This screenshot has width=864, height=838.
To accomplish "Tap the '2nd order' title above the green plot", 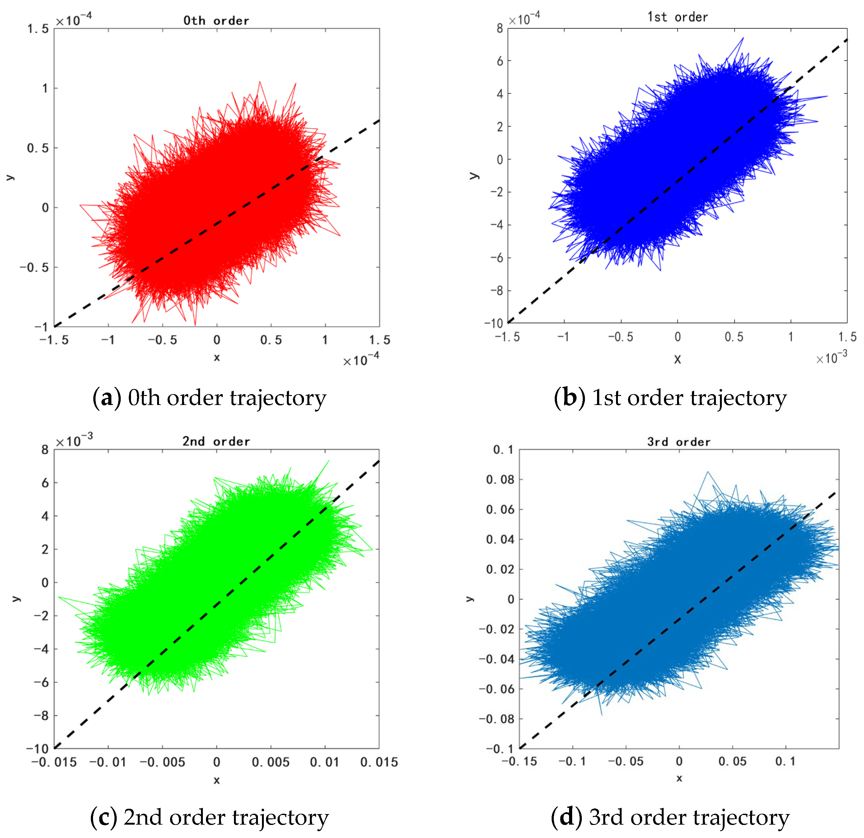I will coord(216,441).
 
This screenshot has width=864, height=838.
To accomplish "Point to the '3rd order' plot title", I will coord(679,442).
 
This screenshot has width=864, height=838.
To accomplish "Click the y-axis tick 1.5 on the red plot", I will coord(38,29).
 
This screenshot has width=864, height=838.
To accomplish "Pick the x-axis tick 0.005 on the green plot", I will coord(271,762).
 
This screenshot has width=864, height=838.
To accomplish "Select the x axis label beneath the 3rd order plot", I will coord(679,778).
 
